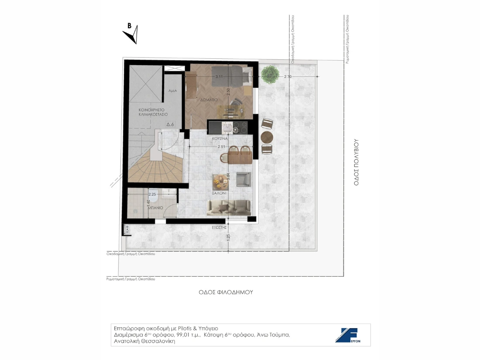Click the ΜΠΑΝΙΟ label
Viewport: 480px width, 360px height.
click(x=155, y=208)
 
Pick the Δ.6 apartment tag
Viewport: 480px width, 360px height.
click(x=171, y=124)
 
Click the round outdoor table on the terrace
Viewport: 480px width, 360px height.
click(x=267, y=137)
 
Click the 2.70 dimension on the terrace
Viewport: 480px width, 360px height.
click(x=288, y=77)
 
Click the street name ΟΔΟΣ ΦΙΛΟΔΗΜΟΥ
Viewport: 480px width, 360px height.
click(x=223, y=292)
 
